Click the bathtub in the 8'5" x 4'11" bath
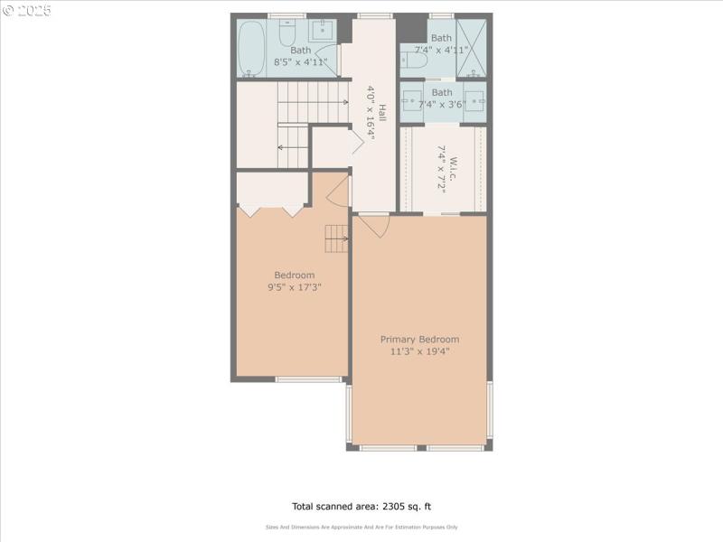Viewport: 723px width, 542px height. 252,47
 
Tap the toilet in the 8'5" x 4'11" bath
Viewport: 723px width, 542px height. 286,34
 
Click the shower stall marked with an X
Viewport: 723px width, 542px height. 470,47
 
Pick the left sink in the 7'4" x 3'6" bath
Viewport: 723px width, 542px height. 413,100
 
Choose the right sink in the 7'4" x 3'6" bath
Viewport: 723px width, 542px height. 474,100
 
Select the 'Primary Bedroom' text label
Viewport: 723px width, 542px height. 419,339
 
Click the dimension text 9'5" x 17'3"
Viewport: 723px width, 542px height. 295,287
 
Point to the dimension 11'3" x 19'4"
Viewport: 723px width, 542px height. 419,351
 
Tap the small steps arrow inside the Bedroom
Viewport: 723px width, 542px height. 337,238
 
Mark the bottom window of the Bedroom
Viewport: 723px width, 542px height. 309,379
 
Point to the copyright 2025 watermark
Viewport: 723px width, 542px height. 27,10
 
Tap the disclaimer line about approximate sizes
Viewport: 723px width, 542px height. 361,527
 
